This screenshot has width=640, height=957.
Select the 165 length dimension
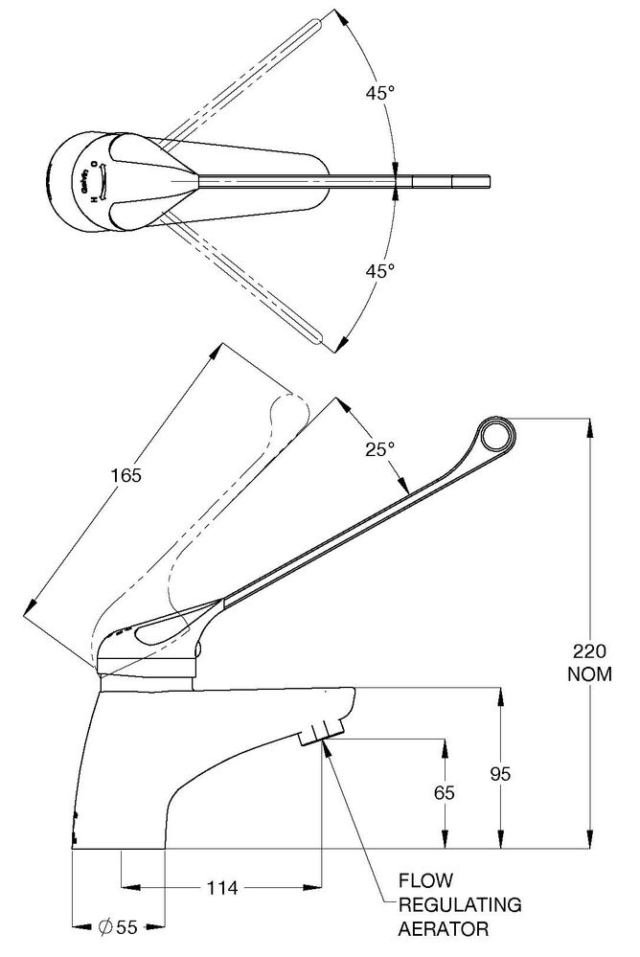[125, 475]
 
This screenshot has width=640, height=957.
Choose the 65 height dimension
[444, 793]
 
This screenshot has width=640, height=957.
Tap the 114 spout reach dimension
[222, 887]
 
